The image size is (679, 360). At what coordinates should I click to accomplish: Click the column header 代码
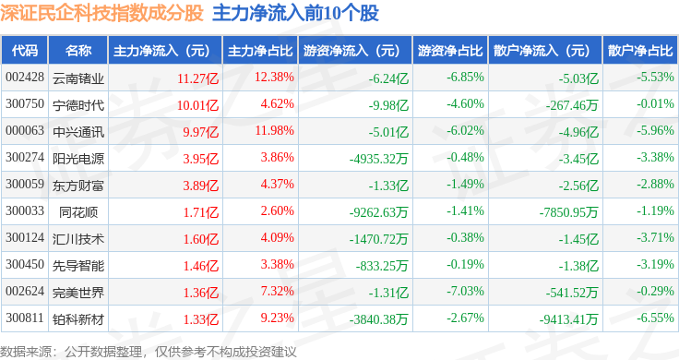coord(25,51)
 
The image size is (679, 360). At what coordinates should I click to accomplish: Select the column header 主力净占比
coord(260,51)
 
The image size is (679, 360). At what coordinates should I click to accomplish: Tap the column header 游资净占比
coord(450,51)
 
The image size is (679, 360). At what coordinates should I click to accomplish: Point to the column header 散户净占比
coord(640,51)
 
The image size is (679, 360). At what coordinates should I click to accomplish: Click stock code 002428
coord(25,78)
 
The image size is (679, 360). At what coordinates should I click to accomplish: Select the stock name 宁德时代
coord(78,105)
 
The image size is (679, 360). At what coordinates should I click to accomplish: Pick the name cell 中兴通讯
coord(78,132)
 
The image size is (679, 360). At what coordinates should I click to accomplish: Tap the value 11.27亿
coord(198,78)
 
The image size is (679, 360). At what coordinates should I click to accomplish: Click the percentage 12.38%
coord(274,78)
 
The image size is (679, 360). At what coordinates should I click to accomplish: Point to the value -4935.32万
coord(379,159)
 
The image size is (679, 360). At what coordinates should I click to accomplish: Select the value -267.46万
coord(572,105)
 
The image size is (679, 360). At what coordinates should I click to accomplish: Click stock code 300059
coord(25,184)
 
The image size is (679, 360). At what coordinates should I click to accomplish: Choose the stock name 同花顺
coord(78,212)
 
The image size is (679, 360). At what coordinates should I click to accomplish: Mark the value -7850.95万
coord(568,212)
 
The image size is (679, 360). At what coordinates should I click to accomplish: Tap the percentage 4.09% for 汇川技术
coord(277,238)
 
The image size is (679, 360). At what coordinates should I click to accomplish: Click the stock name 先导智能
coord(78,266)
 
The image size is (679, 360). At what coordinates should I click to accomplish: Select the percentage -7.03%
coord(465,291)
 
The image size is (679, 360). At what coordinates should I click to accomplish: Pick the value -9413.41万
coord(568,319)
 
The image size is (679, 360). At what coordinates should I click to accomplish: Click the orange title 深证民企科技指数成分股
coord(101,13)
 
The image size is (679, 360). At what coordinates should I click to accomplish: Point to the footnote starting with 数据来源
coord(149,352)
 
